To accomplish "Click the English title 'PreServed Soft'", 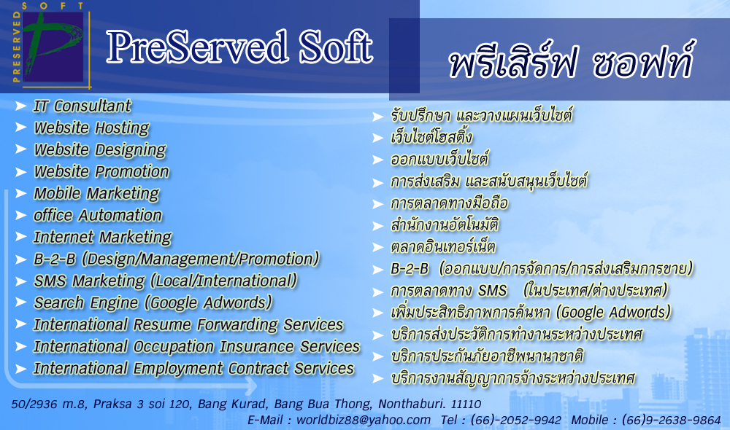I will pyautogui.click(x=239, y=47).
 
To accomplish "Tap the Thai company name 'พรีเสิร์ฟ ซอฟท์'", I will pyautogui.click(x=570, y=62).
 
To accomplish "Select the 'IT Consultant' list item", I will pyautogui.click(x=82, y=106).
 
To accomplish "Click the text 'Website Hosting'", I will pyautogui.click(x=91, y=128).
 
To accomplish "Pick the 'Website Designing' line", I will pyautogui.click(x=100, y=150).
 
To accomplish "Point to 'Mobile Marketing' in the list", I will pyautogui.click(x=96, y=194).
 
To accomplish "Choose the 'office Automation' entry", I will pyautogui.click(x=98, y=216).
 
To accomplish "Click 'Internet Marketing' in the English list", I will pyautogui.click(x=102, y=238).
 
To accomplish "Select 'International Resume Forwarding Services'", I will pyautogui.click(x=188, y=324).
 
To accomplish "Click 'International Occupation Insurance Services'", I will pyautogui.click(x=197, y=346).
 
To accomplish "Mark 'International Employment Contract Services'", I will pyautogui.click(x=194, y=369).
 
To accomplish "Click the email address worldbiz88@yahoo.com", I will pyautogui.click(x=369, y=420).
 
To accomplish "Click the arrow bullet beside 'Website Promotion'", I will pyautogui.click(x=20, y=172).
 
